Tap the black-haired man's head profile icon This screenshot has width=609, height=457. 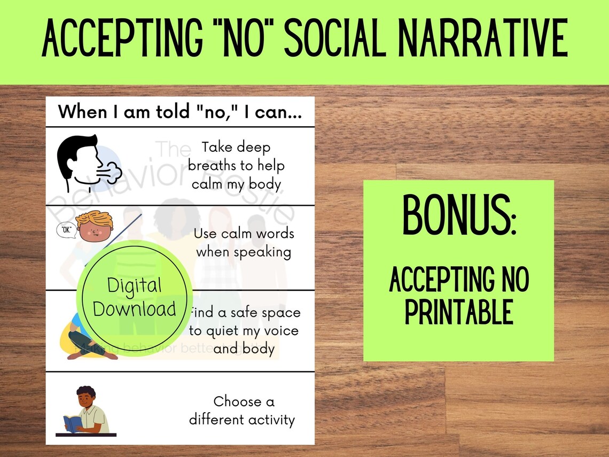point(80,160)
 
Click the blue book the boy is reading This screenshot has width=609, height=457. point(72,424)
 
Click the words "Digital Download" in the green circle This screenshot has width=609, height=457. point(135,297)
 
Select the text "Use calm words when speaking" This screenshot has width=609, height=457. point(244,243)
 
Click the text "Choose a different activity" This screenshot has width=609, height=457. point(241,410)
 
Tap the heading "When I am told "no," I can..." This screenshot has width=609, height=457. point(179,112)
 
